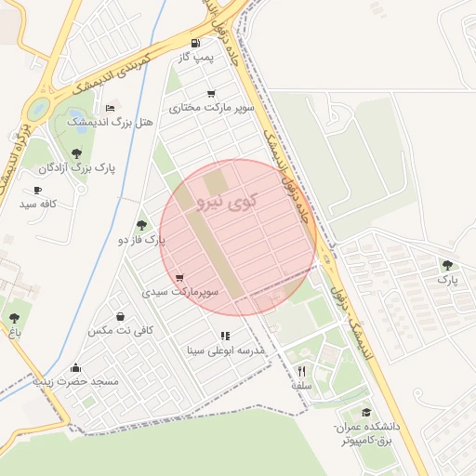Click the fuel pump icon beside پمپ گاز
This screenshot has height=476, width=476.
[x=194, y=43]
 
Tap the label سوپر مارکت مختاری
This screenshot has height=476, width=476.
[x=199, y=108]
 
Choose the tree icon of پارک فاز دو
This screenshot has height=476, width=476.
[x=141, y=225]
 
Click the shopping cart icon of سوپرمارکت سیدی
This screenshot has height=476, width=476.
[x=178, y=278]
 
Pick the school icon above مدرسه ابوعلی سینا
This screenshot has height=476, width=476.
[x=225, y=336]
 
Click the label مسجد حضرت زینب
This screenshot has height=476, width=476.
[x=76, y=381]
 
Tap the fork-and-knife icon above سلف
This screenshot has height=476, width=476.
[x=300, y=370]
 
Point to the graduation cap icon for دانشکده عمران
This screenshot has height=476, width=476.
[x=366, y=412]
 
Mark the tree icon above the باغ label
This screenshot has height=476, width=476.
[x=14, y=316]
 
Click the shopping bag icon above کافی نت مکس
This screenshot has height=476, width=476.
[x=120, y=316]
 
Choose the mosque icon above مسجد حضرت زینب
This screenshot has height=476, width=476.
[x=75, y=367]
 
